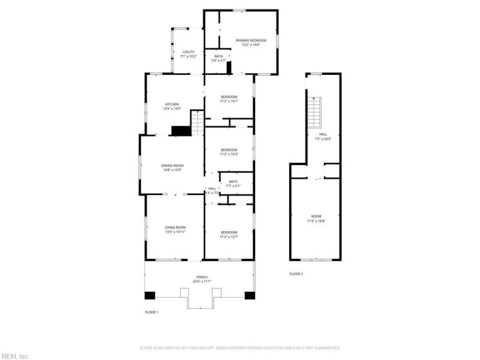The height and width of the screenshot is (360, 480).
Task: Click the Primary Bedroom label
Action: click(x=251, y=43)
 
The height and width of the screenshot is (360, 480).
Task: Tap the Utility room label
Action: click(x=188, y=55)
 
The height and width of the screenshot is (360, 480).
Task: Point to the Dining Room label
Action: click(x=172, y=167)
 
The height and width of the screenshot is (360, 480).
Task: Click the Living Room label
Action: click(x=176, y=229)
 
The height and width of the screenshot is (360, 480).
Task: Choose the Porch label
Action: click(x=202, y=279)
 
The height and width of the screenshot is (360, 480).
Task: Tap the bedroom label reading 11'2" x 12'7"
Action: click(x=229, y=234)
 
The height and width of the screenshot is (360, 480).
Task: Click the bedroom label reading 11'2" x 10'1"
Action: click(x=229, y=99)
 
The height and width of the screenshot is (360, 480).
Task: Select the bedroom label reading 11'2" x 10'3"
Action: click(x=229, y=152)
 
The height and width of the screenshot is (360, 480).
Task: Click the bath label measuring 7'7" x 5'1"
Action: click(x=233, y=184)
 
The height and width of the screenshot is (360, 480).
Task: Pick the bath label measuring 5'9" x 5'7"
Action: click(x=218, y=58)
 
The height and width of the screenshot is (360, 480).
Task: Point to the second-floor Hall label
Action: click(x=323, y=136)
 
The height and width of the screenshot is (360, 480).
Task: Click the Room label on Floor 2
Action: click(x=316, y=218)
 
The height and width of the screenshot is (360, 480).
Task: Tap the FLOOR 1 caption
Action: click(x=152, y=313)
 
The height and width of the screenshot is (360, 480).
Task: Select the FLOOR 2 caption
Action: click(x=296, y=274)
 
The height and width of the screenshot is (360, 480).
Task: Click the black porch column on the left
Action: click(x=149, y=295)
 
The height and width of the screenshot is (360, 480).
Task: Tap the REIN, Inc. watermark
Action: click(x=15, y=356)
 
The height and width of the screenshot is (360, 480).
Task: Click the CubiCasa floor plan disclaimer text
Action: click(x=240, y=347)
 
